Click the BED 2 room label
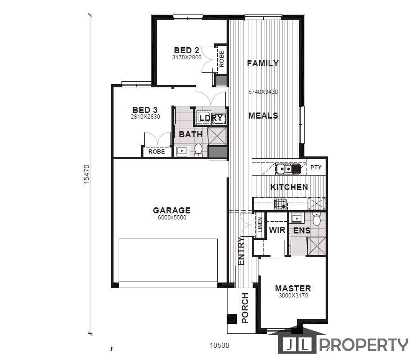tap(186, 50)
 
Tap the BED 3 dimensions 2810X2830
tap(145, 117)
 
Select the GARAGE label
tap(172, 210)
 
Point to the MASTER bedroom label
tap(293, 289)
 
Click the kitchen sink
tap(288, 169)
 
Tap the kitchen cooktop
tap(280, 204)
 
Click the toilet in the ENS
tap(317, 219)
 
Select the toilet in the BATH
tap(198, 150)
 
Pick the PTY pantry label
tap(316, 168)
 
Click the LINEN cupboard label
tap(260, 225)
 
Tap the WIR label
tap(277, 230)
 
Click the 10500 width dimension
tap(220, 345)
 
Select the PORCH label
tap(245, 308)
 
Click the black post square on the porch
tap(231, 319)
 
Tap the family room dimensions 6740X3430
tap(263, 92)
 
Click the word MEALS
tap(263, 116)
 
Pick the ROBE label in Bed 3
tap(157, 152)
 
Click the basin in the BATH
tap(181, 151)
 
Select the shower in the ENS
tap(316, 246)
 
